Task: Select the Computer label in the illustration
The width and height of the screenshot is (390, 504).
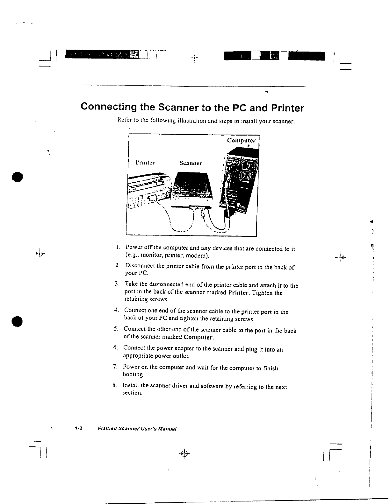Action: click(241, 140)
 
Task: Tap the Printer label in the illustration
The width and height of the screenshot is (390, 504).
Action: click(145, 163)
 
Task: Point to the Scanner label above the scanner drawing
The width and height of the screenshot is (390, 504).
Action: click(191, 163)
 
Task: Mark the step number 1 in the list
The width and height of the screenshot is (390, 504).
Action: click(118, 247)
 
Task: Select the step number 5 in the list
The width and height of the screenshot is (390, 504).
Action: click(116, 329)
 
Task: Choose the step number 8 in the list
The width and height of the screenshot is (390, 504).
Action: click(114, 386)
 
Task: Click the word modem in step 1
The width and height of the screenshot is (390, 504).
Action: click(200, 255)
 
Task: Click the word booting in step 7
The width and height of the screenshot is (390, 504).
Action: click(131, 374)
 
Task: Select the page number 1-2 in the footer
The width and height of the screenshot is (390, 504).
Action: click(79, 428)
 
